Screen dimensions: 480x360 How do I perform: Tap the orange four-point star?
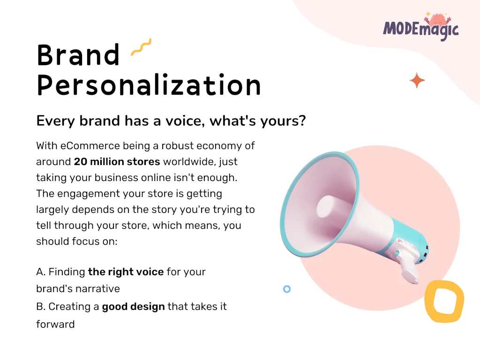point(417,81)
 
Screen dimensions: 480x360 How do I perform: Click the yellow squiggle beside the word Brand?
point(141,47)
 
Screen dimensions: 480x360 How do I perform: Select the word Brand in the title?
point(78,55)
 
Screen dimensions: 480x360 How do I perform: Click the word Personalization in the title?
point(149,85)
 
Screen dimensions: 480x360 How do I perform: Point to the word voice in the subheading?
point(185,120)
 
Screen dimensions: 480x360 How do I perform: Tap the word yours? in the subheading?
point(283,121)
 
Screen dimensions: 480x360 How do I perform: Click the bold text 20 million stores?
point(117,161)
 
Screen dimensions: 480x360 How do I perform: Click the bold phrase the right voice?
point(126,272)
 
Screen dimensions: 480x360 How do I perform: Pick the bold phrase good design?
point(133,307)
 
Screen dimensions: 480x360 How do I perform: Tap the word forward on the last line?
point(55,324)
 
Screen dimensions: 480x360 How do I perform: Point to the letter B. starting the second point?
point(41,307)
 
